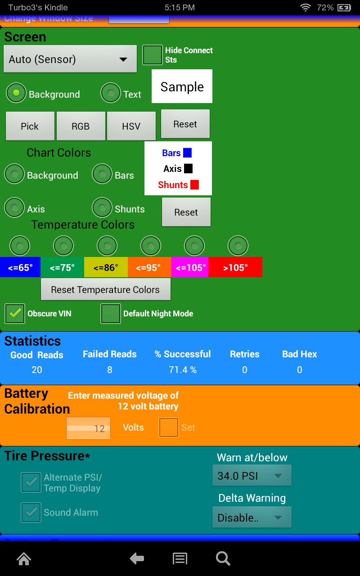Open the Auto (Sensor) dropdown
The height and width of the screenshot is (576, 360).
point(70,59)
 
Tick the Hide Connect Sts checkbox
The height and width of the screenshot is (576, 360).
point(153,55)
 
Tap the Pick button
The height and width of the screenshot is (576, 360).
point(30,126)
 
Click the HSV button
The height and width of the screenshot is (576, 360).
point(131,126)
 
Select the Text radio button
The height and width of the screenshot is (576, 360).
point(111,94)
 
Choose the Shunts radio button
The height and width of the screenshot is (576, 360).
point(102,208)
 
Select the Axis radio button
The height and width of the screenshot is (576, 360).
point(14,208)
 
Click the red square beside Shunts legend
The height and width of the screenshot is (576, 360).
point(194,184)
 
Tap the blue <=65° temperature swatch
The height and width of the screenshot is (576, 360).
point(20,268)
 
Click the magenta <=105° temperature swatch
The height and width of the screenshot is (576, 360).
point(190,268)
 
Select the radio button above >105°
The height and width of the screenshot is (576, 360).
point(238,246)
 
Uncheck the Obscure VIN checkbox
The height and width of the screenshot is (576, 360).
point(15,314)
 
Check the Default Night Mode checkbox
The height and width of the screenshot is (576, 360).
point(111,314)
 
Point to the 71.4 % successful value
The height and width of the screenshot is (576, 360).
point(182,370)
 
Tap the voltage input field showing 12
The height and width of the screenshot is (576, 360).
point(88,428)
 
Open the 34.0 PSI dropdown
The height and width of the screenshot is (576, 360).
point(252,476)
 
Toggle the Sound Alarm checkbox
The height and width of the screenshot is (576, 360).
point(31,513)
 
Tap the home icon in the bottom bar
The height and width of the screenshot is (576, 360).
point(24,559)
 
